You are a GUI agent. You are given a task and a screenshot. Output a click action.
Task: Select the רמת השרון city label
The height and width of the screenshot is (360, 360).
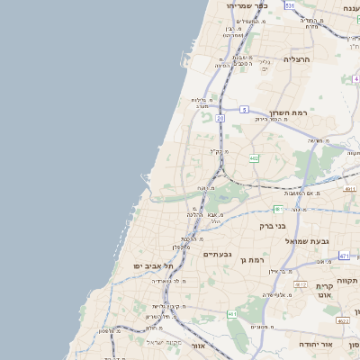(x=289, y=112)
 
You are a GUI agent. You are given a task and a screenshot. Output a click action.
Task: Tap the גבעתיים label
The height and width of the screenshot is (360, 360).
(x=217, y=254)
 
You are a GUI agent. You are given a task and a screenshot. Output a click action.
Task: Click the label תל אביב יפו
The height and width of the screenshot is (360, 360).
(x=151, y=266)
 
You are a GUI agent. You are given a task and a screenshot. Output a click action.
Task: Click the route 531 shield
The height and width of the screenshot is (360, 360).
(x=290, y=4)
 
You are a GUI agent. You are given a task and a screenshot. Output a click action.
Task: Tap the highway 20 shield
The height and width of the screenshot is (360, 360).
(x=220, y=118)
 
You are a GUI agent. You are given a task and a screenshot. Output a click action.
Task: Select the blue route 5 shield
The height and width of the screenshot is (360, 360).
(x=244, y=110)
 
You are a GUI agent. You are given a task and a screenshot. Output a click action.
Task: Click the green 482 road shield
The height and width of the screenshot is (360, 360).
(x=255, y=158)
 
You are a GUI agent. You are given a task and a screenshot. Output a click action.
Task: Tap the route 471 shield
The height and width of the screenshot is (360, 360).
(x=343, y=256)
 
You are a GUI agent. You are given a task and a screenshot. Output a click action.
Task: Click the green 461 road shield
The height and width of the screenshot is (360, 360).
(x=232, y=314)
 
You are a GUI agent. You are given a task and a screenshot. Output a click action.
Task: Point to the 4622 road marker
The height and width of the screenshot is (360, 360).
(x=342, y=320)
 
